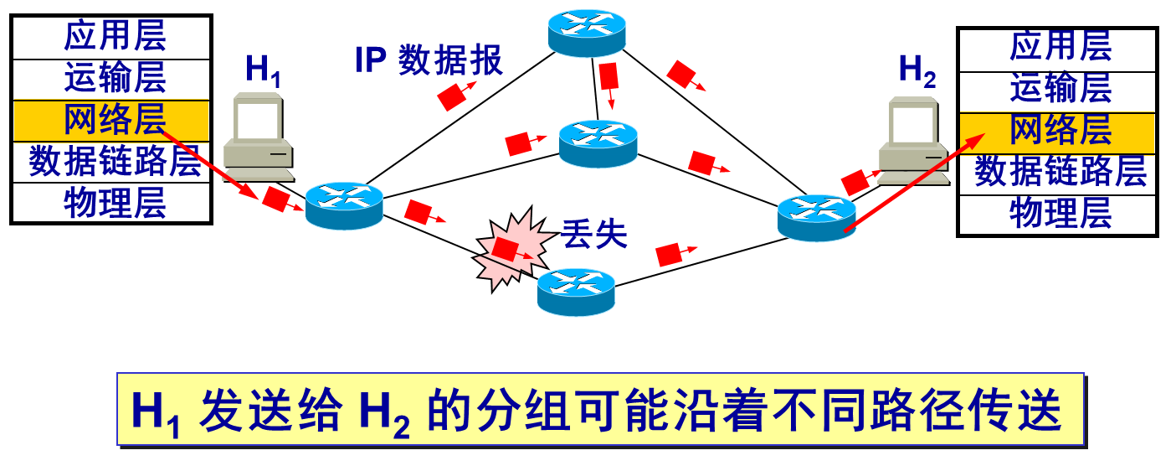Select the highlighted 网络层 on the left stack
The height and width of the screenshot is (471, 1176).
click(115, 121)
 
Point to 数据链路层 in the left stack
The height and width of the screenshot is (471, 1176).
click(115, 161)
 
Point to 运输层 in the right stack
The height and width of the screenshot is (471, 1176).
click(1060, 87)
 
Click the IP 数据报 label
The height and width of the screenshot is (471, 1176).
click(429, 60)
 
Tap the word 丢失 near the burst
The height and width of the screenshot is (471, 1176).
click(594, 235)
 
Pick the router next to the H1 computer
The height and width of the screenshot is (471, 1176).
click(344, 206)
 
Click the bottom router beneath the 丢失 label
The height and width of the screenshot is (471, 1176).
click(576, 292)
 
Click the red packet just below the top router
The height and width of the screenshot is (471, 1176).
click(609, 77)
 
